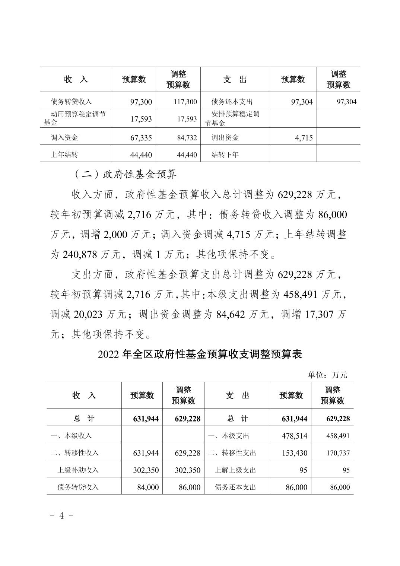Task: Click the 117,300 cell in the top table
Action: (x=185, y=102)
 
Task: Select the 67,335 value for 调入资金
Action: (x=141, y=138)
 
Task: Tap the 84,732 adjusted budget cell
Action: (x=187, y=138)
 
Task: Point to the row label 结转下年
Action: (x=225, y=155)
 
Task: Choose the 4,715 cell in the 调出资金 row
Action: (x=304, y=138)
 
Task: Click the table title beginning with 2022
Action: (x=200, y=354)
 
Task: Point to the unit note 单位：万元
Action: (x=327, y=375)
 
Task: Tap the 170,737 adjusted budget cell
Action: (x=338, y=453)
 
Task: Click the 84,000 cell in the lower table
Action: (x=148, y=487)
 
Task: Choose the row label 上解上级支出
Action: (x=235, y=470)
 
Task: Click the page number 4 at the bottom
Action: (x=62, y=516)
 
